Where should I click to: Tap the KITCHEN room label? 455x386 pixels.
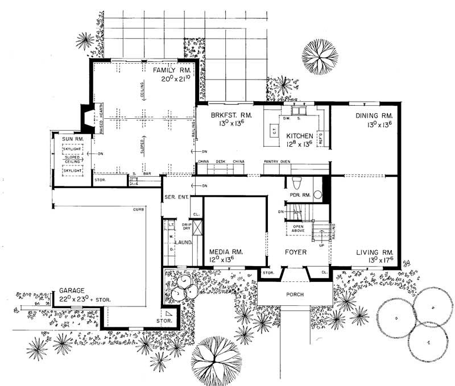point(299,136)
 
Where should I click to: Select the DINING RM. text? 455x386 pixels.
point(374,116)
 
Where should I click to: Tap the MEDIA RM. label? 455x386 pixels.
point(226,251)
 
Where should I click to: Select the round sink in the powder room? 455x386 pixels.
point(317,194)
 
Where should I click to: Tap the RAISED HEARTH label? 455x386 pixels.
point(102,119)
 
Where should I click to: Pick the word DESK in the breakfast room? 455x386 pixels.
point(221,162)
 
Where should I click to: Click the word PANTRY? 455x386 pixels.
point(271,162)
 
